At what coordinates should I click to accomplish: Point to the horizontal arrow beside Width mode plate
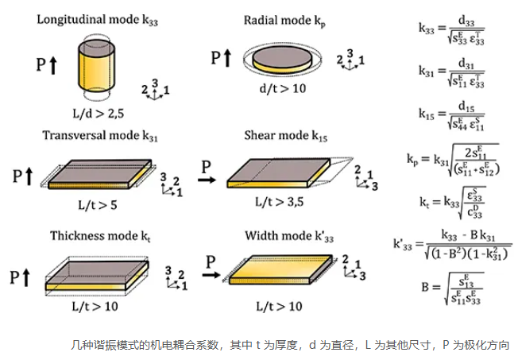point(208,275)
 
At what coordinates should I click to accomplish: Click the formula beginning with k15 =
point(453,116)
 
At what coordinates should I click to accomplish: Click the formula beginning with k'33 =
point(452,246)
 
